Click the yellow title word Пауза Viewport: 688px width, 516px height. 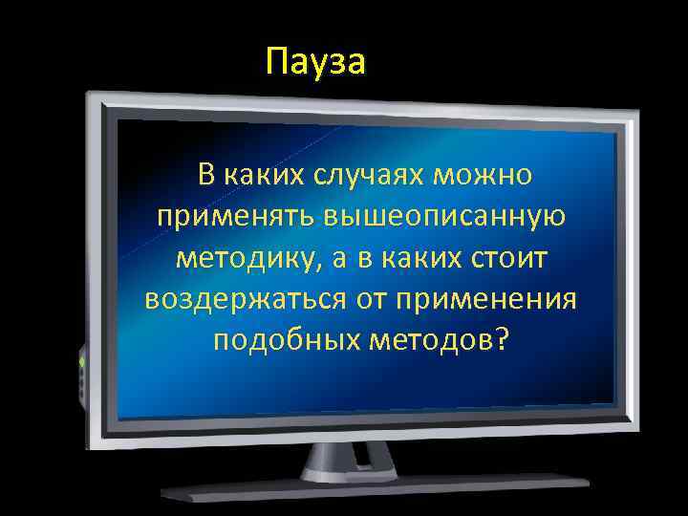coord(316,62)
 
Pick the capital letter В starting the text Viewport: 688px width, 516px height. coord(205,176)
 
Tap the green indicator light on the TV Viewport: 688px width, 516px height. coord(82,364)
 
